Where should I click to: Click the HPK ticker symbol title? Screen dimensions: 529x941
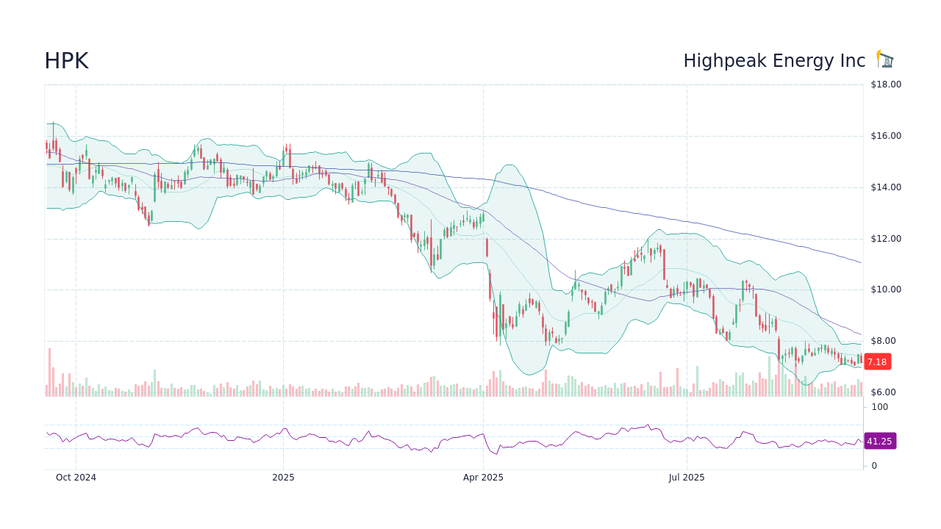(x=66, y=61)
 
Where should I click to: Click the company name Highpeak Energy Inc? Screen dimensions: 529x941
(x=774, y=61)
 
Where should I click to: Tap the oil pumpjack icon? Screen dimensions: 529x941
(x=885, y=60)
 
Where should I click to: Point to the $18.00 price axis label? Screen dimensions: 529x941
(x=886, y=84)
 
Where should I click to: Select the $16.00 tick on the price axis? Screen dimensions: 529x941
(x=886, y=136)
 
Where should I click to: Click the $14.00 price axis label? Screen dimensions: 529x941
(x=886, y=187)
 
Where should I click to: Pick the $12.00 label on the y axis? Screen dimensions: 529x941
(x=886, y=239)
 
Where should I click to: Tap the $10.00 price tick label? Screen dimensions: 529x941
(x=886, y=289)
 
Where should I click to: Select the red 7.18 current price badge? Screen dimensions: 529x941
(x=878, y=361)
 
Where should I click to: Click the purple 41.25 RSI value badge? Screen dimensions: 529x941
(x=879, y=442)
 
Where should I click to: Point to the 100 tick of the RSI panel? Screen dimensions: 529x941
(x=880, y=407)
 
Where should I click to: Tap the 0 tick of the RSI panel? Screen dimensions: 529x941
(x=874, y=466)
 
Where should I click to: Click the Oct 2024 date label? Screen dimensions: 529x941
(x=76, y=478)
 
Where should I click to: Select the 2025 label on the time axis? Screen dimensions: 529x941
(x=283, y=478)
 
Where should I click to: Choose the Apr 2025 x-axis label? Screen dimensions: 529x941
(x=483, y=478)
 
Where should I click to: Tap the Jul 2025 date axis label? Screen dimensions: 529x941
(x=687, y=478)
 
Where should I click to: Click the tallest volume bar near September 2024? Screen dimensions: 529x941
(x=50, y=373)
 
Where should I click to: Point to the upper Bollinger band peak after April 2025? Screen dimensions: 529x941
(x=509, y=165)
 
